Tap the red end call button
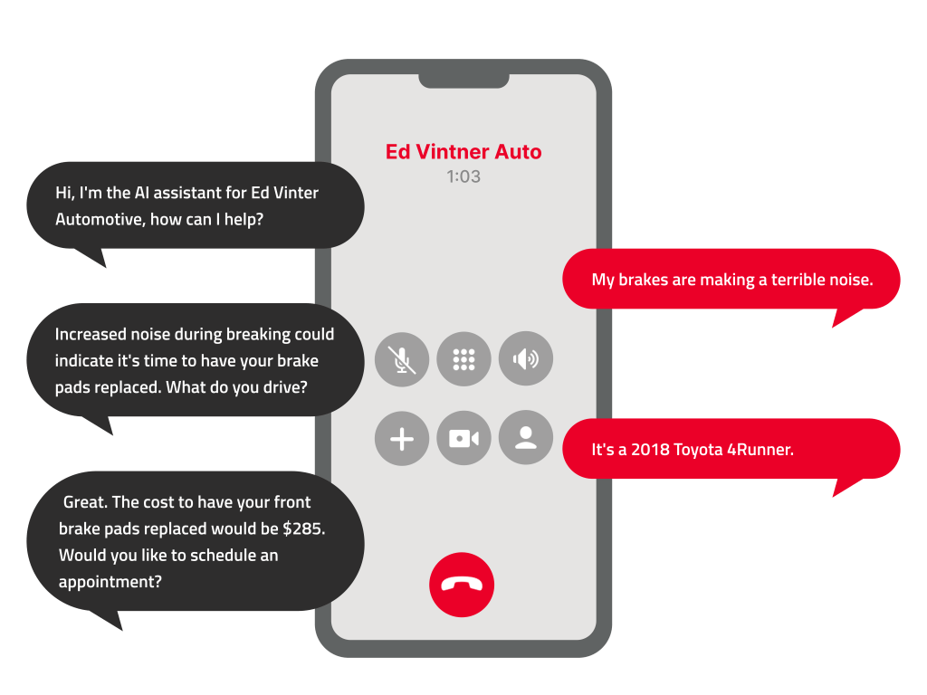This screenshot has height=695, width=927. (x=462, y=585)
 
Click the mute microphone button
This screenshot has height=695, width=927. (x=402, y=359)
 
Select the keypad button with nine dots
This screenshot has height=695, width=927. (x=463, y=359)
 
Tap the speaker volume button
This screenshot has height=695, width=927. (x=525, y=359)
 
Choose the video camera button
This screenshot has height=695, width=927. (x=463, y=439)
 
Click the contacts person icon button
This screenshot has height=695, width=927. (x=525, y=439)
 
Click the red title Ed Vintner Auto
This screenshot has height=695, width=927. (x=463, y=151)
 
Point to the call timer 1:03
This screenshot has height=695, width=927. (x=463, y=176)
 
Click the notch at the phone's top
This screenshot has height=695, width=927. (x=463, y=81)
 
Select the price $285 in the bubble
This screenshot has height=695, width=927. (x=303, y=528)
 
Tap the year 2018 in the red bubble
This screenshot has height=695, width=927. (x=650, y=449)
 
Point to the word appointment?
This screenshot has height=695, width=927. (x=110, y=582)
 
